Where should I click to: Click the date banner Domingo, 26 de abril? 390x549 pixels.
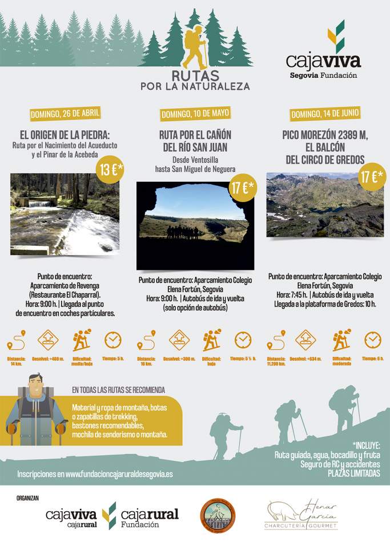[x=65, y=113]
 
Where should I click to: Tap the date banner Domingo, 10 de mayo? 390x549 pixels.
[x=195, y=114]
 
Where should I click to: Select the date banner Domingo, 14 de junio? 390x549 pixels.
[x=325, y=113]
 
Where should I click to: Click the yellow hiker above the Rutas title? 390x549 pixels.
[x=195, y=48]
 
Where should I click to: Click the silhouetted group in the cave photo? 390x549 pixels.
[x=186, y=232]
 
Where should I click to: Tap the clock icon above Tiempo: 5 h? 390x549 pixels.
[x=113, y=340]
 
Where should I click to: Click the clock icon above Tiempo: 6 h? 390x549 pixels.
[x=373, y=340]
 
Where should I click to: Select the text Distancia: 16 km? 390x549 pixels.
[x=146, y=361]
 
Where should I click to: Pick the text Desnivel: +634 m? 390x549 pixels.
[x=306, y=359]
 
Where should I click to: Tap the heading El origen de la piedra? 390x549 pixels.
[x=65, y=136]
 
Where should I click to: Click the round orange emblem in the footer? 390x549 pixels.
[x=218, y=516]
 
